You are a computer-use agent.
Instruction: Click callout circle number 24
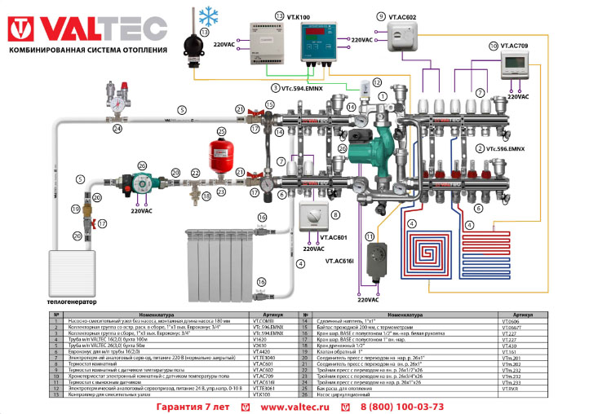pos(118,128)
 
